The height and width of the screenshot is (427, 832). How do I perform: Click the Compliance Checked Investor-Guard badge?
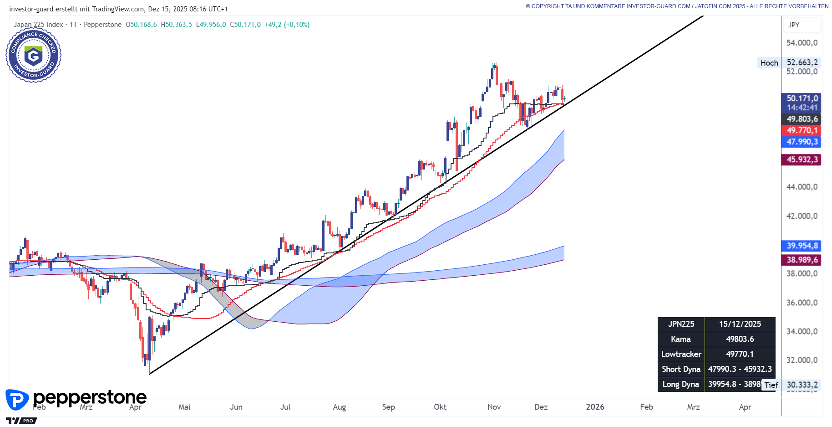pyautogui.click(x=33, y=55)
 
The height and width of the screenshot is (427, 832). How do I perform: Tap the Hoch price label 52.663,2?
pyautogui.click(x=802, y=62)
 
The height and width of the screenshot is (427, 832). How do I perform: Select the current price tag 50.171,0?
pyautogui.click(x=802, y=98)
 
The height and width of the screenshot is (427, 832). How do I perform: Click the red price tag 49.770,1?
pyautogui.click(x=802, y=130)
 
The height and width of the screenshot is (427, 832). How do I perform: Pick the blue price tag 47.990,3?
pyautogui.click(x=802, y=142)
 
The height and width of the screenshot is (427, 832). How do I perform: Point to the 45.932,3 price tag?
pyautogui.click(x=802, y=159)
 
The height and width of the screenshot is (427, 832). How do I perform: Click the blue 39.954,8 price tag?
pyautogui.click(x=802, y=246)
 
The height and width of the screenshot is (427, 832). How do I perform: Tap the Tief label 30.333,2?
pyautogui.click(x=802, y=385)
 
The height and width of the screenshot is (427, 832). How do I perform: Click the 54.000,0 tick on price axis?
pyautogui.click(x=802, y=43)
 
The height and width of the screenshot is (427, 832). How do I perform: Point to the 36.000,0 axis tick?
pyautogui.click(x=802, y=303)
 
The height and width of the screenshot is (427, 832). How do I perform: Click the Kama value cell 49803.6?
pyautogui.click(x=740, y=339)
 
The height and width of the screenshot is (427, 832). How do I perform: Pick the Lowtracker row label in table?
pyautogui.click(x=681, y=354)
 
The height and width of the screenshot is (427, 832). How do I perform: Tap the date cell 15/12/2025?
pyautogui.click(x=740, y=324)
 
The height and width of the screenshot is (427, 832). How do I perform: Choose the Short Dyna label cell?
pyautogui.click(x=681, y=369)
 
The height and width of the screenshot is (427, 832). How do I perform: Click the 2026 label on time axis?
pyautogui.click(x=595, y=407)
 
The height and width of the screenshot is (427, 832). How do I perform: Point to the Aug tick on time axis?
pyautogui.click(x=339, y=407)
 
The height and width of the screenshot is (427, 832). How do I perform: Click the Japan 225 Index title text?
pyautogui.click(x=38, y=25)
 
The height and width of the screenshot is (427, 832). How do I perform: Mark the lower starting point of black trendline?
pyautogui.click(x=150, y=374)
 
